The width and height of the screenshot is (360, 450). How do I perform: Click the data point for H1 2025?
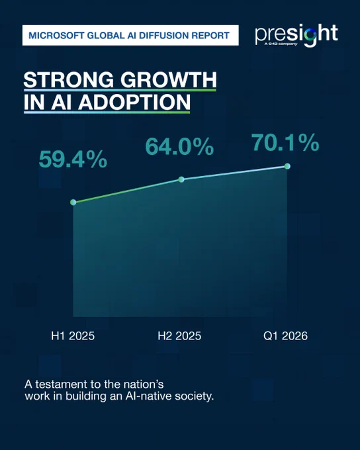[73, 202]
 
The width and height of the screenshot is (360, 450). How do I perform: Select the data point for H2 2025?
[181, 179]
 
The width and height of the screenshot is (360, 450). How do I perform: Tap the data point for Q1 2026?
[287, 166]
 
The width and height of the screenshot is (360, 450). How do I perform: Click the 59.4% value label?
[73, 159]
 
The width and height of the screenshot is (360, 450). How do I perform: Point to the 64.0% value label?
[179, 146]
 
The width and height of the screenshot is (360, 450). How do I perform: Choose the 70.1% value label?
[285, 142]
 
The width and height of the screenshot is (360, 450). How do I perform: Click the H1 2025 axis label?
[73, 336]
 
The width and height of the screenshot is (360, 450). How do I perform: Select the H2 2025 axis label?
[179, 336]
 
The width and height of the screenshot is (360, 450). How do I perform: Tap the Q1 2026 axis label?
[285, 336]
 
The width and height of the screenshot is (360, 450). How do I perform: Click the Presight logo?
[296, 35]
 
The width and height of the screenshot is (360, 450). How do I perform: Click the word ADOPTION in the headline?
[134, 102]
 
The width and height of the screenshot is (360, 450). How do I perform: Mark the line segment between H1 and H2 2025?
[127, 191]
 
